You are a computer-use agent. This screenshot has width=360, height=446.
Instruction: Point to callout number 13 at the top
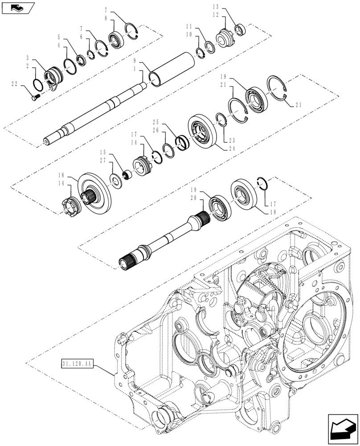[x=216, y=8]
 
